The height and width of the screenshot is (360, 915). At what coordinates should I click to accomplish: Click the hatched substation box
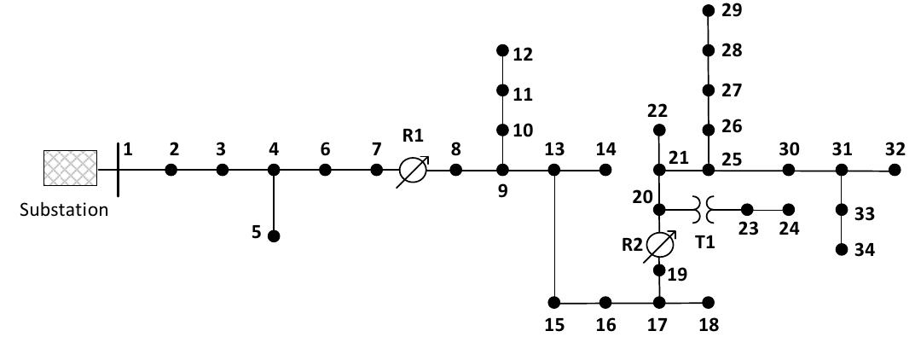[x=70, y=168]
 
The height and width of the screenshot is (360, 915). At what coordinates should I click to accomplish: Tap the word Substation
[x=65, y=210]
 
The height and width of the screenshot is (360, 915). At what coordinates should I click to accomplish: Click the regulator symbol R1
[x=413, y=171]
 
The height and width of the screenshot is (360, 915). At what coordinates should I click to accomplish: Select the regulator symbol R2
[x=659, y=245]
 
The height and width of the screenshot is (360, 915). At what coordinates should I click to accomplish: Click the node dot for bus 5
[x=274, y=236]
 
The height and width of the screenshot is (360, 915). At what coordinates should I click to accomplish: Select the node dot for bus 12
[x=502, y=50]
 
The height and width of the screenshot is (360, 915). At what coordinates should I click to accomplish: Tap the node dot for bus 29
[x=708, y=10]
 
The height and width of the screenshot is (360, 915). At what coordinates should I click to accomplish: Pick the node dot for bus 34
[x=842, y=249]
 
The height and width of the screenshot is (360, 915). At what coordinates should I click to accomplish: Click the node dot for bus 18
[x=707, y=302]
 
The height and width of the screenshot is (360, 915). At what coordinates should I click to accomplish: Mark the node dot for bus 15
[x=554, y=302]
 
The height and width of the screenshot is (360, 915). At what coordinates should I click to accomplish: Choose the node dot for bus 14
[x=605, y=170]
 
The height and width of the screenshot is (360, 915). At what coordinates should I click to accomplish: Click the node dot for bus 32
[x=894, y=170]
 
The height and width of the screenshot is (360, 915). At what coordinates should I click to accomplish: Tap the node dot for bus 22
[x=658, y=131]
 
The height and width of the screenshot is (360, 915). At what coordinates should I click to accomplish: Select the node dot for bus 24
[x=789, y=209]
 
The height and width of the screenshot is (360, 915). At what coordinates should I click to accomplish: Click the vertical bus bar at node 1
[x=118, y=170]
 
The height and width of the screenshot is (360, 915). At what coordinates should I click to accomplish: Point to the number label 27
[x=732, y=90]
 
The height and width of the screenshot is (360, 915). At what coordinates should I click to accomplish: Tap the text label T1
[x=705, y=241]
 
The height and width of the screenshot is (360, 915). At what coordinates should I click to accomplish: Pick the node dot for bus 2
[x=171, y=170]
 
